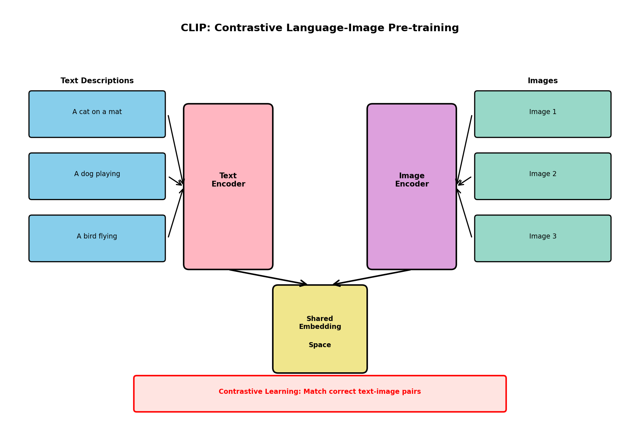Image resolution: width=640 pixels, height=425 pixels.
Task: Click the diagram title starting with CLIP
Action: [319, 28]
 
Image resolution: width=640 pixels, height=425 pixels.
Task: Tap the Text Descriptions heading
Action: [97, 81]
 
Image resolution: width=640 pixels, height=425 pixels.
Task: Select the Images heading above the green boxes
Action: [542, 81]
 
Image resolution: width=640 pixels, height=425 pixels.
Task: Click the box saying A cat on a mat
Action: [97, 114]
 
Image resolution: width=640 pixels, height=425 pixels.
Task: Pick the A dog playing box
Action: [97, 176]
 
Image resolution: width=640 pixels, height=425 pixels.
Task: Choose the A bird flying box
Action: [97, 239]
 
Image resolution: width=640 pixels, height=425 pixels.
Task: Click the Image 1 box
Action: [542, 114]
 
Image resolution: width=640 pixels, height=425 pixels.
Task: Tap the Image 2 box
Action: [542, 176]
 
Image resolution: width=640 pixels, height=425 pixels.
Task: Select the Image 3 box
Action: [542, 239]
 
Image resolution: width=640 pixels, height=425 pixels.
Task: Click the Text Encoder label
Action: [228, 180]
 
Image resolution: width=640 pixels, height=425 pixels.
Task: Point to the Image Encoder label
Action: [412, 180]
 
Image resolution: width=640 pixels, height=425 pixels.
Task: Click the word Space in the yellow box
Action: [320, 345]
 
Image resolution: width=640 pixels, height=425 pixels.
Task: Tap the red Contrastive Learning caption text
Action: [319, 392]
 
